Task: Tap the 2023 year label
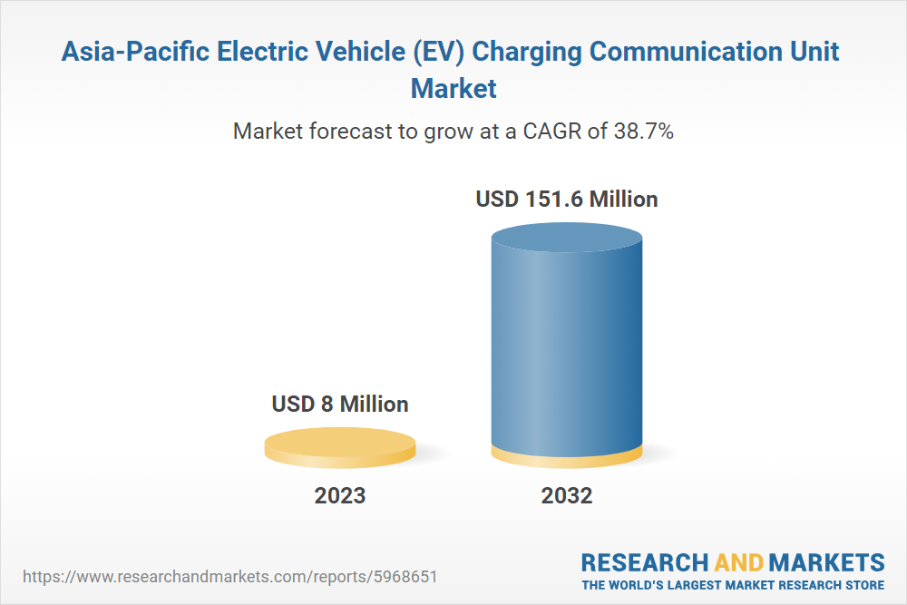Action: [x=340, y=496]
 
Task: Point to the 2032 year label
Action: [x=567, y=496]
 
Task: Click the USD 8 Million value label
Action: [x=340, y=404]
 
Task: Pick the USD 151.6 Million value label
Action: [x=567, y=199]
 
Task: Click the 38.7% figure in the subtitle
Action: [x=642, y=131]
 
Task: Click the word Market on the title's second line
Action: [x=453, y=88]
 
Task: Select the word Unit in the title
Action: [x=813, y=52]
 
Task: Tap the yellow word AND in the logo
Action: [x=737, y=561]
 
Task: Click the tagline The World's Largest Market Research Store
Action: [x=733, y=585]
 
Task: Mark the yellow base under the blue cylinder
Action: [x=566, y=459]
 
